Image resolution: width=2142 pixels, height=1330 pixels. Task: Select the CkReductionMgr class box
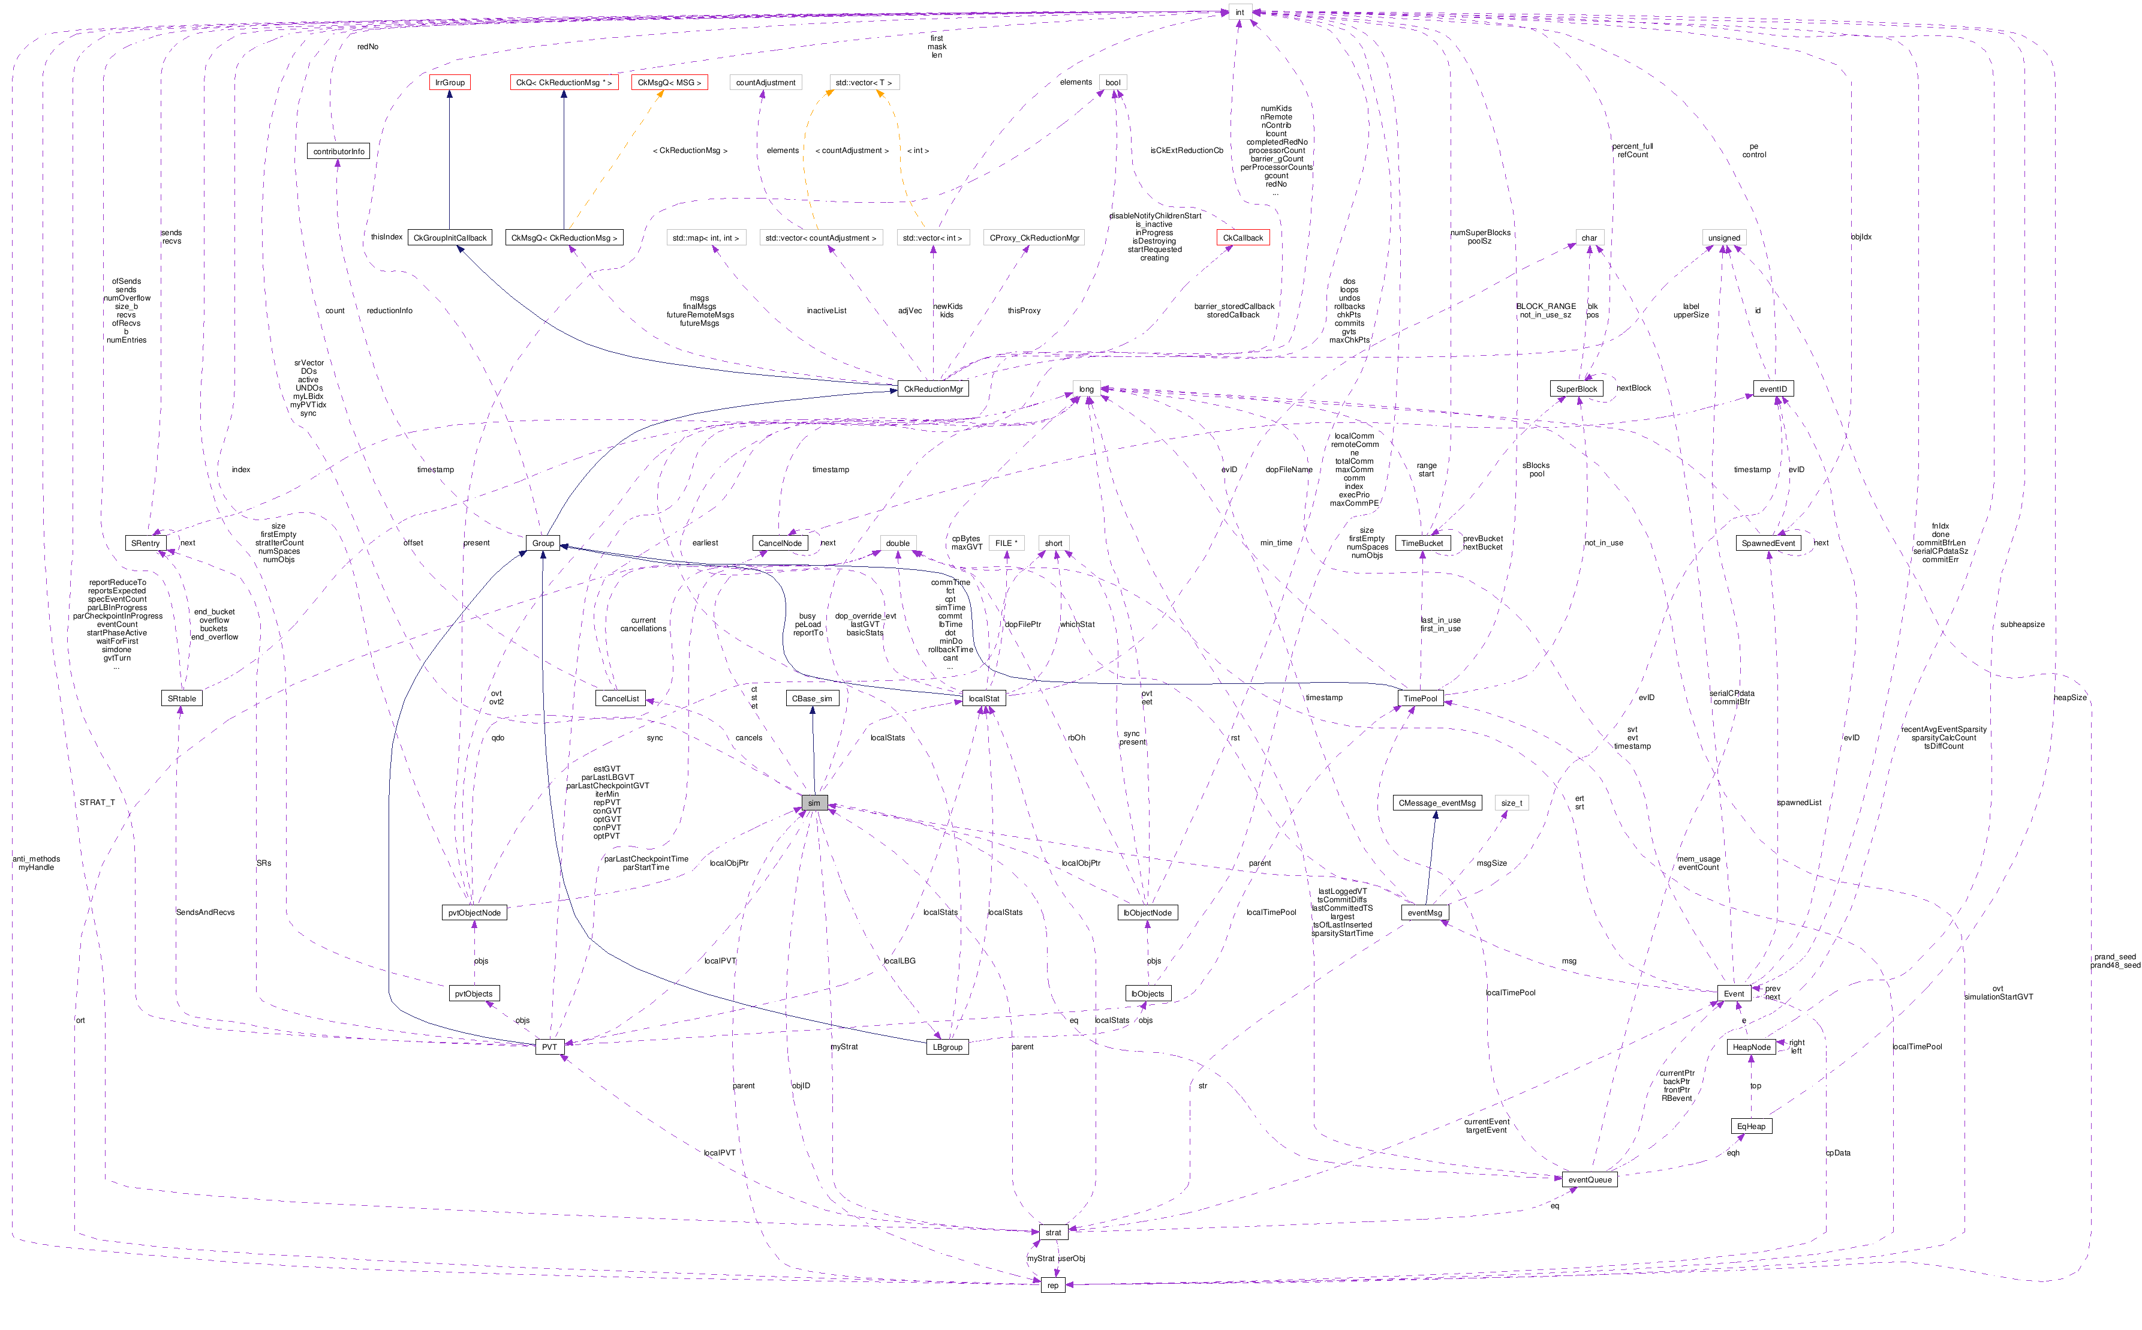(x=933, y=389)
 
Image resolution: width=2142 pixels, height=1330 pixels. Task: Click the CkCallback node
(x=1243, y=238)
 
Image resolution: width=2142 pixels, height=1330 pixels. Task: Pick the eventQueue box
(x=1589, y=1179)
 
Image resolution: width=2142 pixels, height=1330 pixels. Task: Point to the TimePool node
(x=1420, y=698)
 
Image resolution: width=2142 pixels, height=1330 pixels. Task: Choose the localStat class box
(x=983, y=698)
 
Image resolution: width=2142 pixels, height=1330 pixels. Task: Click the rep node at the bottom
(x=1052, y=1285)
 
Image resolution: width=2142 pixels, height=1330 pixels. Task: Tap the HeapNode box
(x=1750, y=1047)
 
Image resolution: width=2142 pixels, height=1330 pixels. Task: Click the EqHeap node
(x=1750, y=1126)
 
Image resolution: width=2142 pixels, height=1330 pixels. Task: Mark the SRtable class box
(x=182, y=698)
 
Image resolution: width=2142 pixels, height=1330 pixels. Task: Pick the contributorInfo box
(x=339, y=151)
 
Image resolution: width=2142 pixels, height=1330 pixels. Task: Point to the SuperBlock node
(x=1577, y=389)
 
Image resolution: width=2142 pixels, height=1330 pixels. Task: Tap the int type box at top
(x=1239, y=13)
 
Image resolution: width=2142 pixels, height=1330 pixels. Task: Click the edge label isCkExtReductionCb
(x=1186, y=151)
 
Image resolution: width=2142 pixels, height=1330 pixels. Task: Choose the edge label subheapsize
(x=2021, y=625)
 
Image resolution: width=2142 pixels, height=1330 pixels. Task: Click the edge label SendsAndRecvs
(x=205, y=912)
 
